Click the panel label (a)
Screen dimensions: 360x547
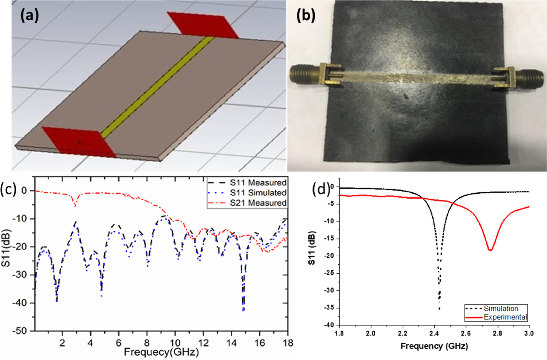point(29,15)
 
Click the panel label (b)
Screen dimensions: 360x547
point(305,15)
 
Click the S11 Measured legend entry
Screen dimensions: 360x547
point(258,183)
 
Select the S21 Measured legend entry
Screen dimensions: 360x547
point(258,203)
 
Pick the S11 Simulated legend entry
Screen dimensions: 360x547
point(258,193)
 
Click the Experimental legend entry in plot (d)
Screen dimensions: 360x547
point(505,317)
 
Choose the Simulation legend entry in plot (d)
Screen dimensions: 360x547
point(500,308)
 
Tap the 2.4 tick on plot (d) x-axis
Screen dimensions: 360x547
point(434,333)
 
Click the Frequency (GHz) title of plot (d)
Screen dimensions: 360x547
point(434,346)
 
